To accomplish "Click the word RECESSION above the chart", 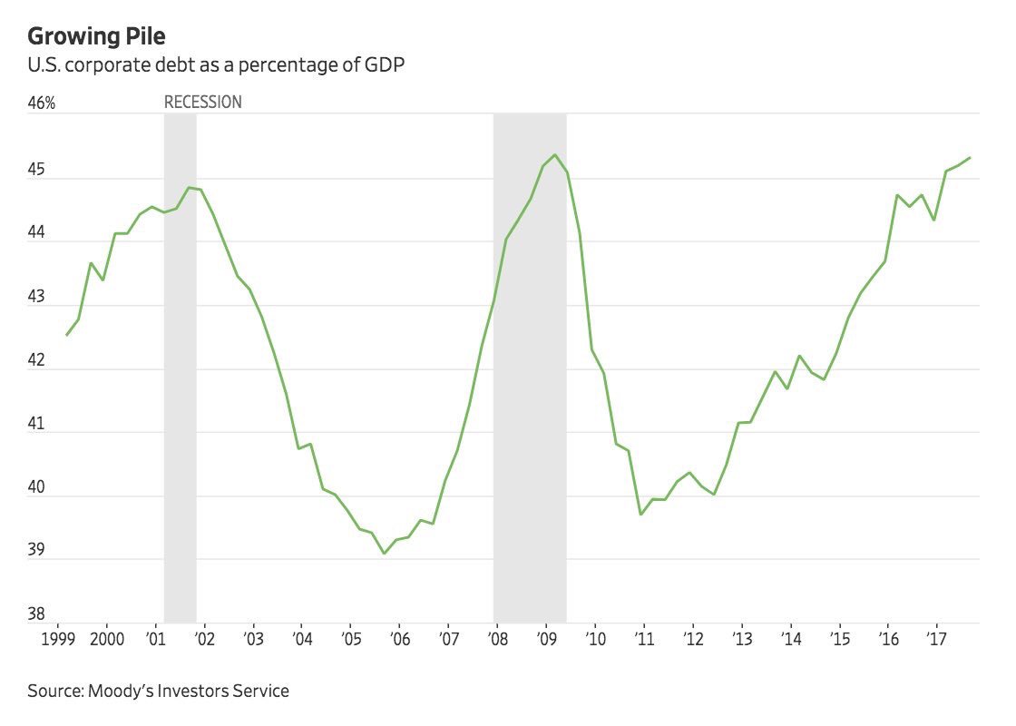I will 202,103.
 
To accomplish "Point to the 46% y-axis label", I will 42,103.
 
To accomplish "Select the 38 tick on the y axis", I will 37,614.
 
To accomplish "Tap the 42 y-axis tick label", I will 37,359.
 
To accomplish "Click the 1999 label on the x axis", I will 57,638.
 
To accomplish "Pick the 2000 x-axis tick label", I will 107,638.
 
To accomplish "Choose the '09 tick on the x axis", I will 546,638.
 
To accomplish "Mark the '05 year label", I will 350,638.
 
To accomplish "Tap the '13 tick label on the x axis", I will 742,638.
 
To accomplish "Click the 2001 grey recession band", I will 180,363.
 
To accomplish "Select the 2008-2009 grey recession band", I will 530,363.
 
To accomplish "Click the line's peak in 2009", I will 555,155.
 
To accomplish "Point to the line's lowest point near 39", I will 384,554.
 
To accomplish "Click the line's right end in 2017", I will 970,158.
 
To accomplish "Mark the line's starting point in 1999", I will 66,336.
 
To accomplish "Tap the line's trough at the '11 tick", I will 641,515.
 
